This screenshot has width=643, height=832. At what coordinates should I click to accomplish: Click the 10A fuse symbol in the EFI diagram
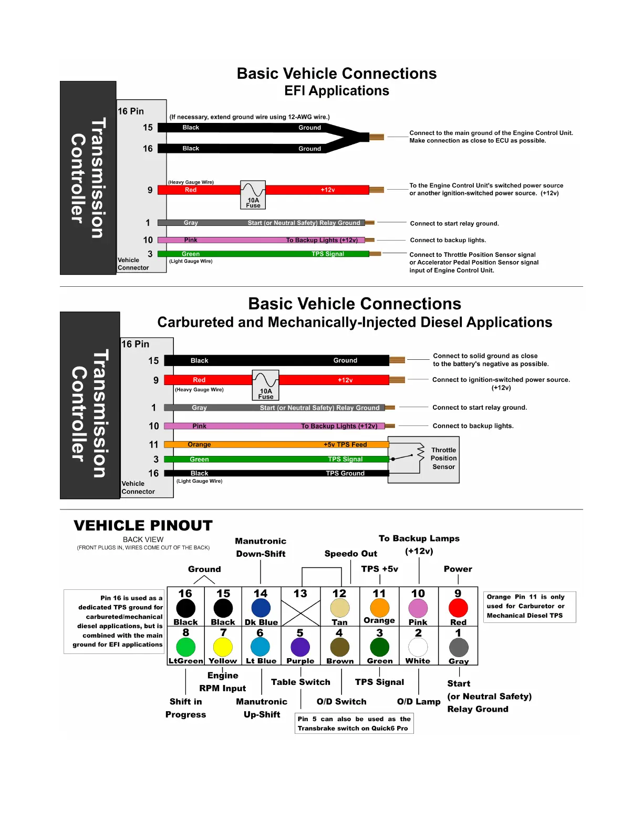point(253,195)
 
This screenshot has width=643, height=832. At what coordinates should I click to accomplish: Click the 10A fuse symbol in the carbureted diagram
point(266,385)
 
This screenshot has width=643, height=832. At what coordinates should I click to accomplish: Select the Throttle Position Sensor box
point(423,460)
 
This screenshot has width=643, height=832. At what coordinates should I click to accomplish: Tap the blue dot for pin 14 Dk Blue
point(261,608)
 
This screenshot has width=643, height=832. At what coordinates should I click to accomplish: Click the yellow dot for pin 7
point(223,647)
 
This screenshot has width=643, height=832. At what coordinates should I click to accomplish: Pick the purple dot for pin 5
point(300,647)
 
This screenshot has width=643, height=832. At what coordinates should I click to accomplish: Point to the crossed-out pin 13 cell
point(300,612)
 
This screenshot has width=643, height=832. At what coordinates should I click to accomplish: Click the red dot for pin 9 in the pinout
point(458,608)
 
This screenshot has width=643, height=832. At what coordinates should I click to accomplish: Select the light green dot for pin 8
point(185,647)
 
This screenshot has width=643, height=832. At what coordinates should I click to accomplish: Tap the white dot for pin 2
point(418,647)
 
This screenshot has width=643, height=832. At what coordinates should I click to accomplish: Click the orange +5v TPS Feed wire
point(276,444)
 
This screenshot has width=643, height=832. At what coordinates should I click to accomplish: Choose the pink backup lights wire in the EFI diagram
point(263,240)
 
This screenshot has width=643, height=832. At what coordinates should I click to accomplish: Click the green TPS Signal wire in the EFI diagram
point(263,254)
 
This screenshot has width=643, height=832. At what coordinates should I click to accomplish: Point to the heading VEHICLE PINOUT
point(143,525)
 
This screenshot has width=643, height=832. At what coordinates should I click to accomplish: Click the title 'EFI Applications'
point(337,91)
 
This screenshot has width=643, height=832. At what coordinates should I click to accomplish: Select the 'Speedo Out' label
point(350,554)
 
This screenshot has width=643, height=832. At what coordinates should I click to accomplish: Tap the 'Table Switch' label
point(300,682)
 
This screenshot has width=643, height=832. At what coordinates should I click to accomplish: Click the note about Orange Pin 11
point(529,607)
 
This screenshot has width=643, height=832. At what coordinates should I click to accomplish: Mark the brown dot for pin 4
point(339,647)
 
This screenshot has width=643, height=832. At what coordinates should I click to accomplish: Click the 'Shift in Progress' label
point(185,708)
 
